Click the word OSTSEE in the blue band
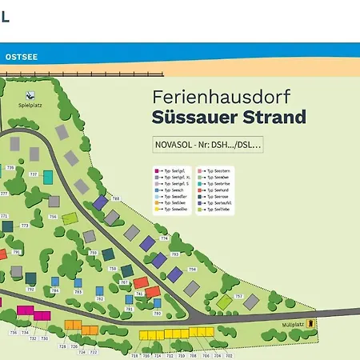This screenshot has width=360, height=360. (22, 57)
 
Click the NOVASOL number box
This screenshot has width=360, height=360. (207, 145)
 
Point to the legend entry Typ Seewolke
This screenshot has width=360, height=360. (173, 209)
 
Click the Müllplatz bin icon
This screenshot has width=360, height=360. (312, 324)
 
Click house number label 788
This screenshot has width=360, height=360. (115, 198)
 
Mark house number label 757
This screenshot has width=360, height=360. (237, 295)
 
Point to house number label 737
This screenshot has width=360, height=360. (33, 174)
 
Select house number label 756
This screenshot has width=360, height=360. (53, 217)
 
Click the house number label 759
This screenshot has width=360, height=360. (93, 253)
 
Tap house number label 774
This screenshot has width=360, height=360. (164, 238)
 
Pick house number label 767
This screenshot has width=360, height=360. (124, 282)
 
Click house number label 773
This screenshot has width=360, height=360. (24, 226)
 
